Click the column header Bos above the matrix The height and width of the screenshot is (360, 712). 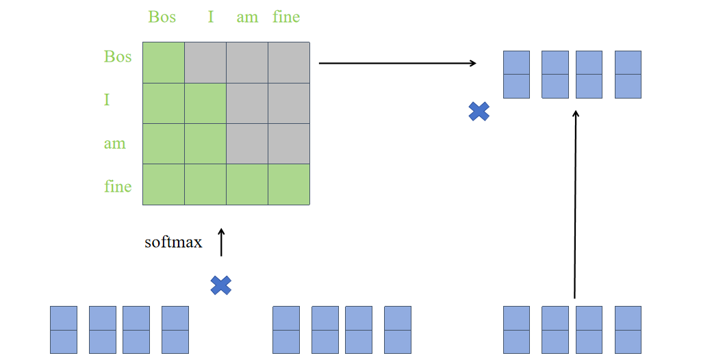click(162, 16)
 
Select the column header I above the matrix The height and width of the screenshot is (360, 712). click(211, 16)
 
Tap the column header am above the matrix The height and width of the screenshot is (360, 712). click(247, 17)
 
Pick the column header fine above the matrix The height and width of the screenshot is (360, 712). click(286, 16)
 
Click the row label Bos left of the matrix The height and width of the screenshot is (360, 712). click(118, 56)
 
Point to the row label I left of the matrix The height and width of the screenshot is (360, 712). click(107, 100)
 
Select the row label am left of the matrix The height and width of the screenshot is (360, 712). click(114, 144)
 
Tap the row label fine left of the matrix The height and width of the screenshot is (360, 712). click(118, 186)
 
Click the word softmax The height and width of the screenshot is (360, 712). click(173, 242)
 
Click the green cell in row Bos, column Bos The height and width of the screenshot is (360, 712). click(164, 62)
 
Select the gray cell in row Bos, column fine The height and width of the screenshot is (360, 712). click(289, 62)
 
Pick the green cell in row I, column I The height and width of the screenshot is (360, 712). click(205, 103)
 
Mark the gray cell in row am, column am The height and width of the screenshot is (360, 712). click(247, 144)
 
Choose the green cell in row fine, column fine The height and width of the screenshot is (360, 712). click(289, 184)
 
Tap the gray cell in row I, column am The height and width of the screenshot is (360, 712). click(247, 103)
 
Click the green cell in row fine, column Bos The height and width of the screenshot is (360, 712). click(164, 184)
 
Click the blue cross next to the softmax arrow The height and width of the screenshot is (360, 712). click(220, 285)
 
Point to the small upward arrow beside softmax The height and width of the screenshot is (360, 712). click(221, 242)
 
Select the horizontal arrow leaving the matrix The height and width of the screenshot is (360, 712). click(397, 63)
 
